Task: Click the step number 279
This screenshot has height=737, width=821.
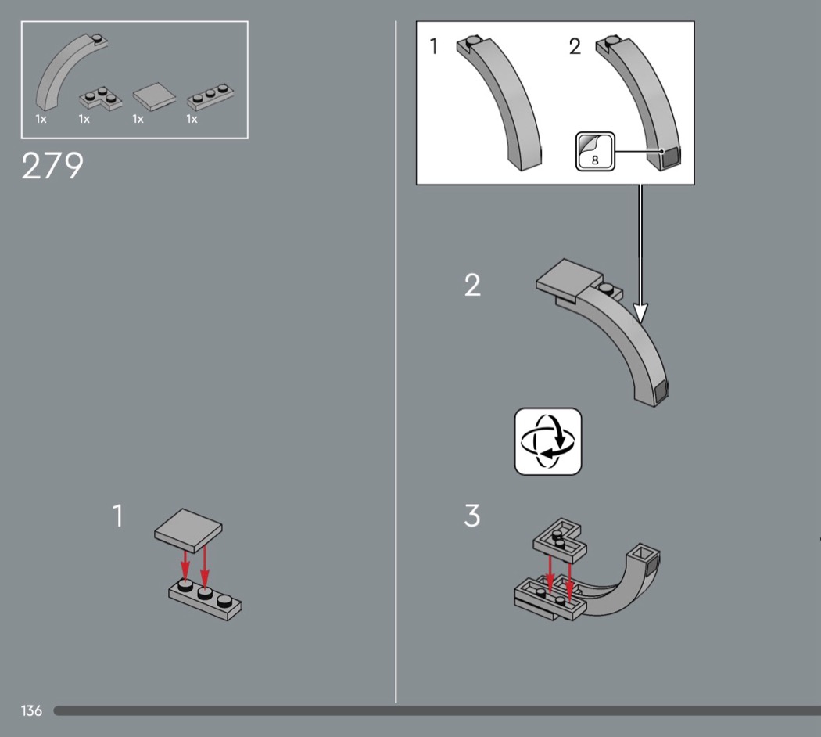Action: coord(52,166)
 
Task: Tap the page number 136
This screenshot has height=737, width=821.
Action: coord(31,710)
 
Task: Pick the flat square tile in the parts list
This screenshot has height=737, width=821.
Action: coord(154,96)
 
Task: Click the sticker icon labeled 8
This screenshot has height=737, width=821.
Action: coord(595,151)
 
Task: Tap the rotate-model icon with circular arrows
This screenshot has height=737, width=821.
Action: coord(548,441)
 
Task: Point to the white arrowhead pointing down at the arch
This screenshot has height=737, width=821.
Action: coord(640,313)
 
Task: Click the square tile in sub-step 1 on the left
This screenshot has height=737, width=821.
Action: coord(188,530)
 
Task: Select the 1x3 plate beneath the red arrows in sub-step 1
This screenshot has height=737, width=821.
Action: coord(205,600)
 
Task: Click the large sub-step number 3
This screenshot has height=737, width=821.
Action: coord(471,516)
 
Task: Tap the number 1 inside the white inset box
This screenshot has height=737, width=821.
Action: coord(433,46)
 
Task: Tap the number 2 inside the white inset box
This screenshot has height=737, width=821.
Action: coord(575,47)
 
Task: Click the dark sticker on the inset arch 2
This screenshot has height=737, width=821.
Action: coord(670,158)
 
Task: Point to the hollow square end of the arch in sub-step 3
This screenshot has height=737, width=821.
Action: coord(644,555)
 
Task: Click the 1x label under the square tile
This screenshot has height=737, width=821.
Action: coord(138,120)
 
